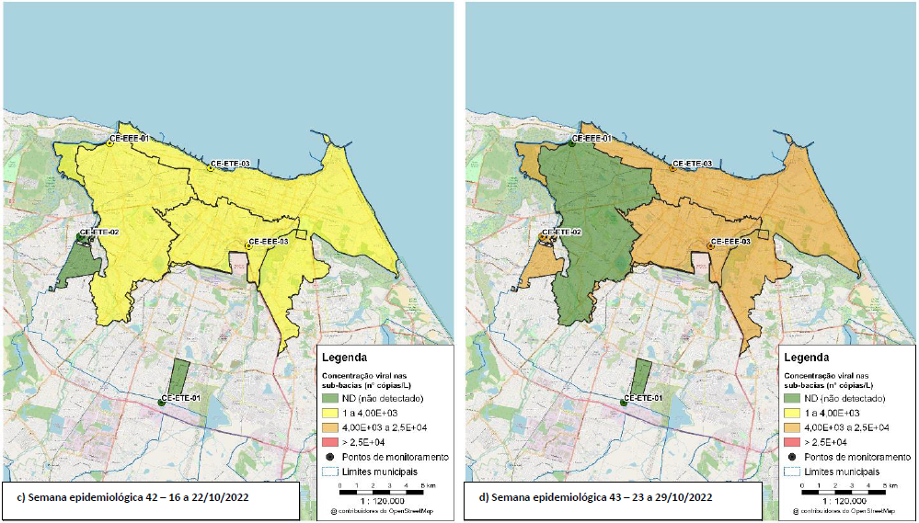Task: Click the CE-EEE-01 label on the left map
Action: [129, 139]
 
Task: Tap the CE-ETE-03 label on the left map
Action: [230, 164]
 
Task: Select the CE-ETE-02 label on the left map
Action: [99, 233]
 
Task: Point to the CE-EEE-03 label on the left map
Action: [269, 241]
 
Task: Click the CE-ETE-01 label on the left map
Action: [181, 398]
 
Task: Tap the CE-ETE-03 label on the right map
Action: [692, 164]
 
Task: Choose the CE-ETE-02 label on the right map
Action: [561, 233]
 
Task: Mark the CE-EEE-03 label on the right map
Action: [730, 241]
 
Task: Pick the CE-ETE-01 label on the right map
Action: [643, 398]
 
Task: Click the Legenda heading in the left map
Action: [345, 357]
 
